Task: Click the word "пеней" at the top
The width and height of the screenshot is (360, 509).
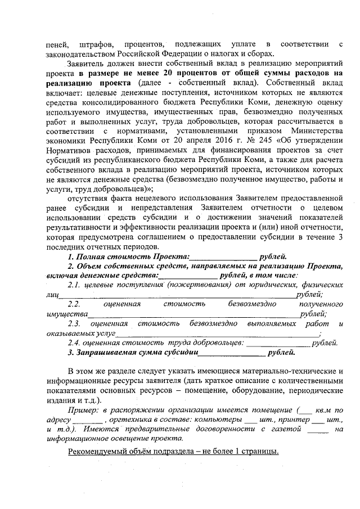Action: [56, 44]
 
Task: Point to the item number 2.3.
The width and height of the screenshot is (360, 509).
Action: [74, 323]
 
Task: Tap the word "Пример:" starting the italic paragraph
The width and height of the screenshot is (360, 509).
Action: [83, 411]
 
